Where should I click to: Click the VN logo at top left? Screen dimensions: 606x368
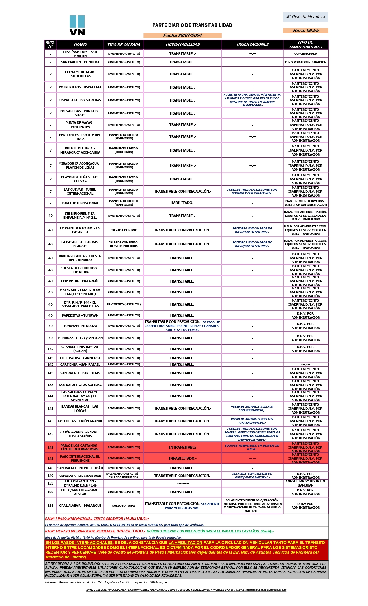[77, 25]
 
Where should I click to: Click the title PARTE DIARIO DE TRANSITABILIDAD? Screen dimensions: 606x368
[193, 25]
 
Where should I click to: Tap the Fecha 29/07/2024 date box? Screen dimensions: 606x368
[182, 35]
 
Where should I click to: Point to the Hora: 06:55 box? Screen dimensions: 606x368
[306, 31]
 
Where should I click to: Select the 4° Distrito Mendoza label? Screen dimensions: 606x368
[306, 17]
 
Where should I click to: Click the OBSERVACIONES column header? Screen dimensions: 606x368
[253, 44]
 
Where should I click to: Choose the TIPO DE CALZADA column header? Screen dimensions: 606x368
[124, 45]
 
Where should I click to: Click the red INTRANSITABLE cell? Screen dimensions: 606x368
[182, 448]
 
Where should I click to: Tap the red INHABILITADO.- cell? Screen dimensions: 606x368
[182, 459]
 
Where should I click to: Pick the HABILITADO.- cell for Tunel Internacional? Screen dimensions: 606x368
[182, 203]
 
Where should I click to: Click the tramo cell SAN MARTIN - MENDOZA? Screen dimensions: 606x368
[80, 62]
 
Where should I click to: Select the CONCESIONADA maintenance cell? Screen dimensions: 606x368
[306, 54]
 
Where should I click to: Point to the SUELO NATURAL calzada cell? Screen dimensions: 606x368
[124, 506]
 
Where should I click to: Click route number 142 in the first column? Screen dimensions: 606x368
[51, 349]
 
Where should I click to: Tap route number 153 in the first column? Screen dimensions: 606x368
[51, 483]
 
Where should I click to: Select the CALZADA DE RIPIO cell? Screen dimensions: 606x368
[124, 230]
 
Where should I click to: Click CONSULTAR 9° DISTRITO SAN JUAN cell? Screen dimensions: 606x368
[306, 483]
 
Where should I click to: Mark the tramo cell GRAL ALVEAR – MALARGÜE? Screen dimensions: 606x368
[80, 506]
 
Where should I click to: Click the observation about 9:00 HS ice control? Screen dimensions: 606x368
[252, 100]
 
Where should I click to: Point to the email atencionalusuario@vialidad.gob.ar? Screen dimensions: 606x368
[266, 590]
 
